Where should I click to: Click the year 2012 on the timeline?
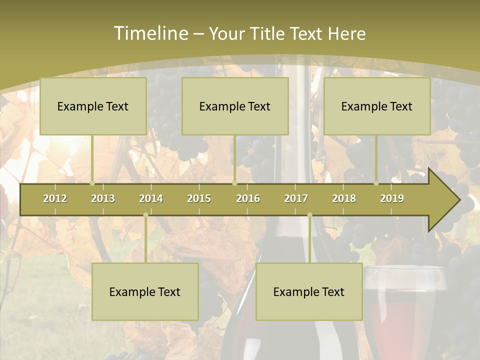coord(55,198)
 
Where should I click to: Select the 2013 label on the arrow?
coord(103,198)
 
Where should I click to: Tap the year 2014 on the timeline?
coord(151,198)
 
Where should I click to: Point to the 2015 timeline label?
coord(199,198)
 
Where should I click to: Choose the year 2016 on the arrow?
coord(248,198)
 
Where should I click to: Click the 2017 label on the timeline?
coord(296,198)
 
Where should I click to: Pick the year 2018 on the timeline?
coord(344,198)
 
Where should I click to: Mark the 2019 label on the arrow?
coord(392,198)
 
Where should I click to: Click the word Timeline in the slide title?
coord(150,33)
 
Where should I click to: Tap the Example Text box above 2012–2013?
coord(93,106)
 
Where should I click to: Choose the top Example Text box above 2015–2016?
coord(235,106)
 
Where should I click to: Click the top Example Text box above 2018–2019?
coord(377,106)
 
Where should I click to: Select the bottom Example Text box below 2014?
coord(145,291)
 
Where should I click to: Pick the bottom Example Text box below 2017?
coord(309,291)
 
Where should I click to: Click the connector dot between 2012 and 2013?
coord(92,183)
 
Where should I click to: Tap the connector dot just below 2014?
coord(145,214)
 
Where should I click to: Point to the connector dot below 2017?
coord(309,214)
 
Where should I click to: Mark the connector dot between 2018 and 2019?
coord(376,183)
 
